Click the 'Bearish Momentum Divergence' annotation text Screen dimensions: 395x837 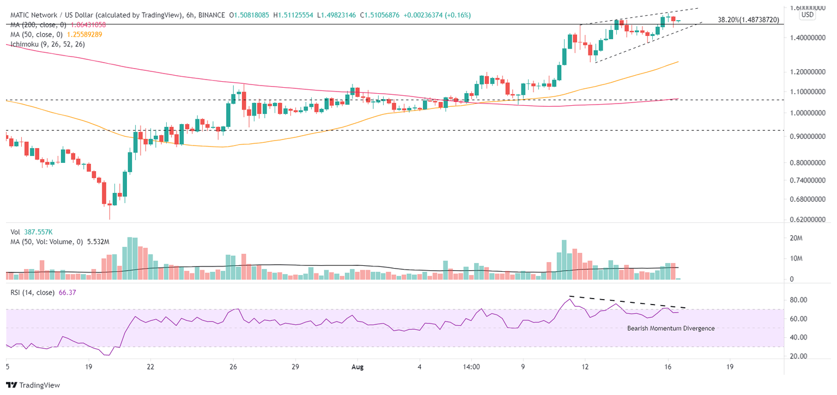670,328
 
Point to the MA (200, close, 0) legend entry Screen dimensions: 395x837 54,25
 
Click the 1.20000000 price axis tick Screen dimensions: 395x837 809,72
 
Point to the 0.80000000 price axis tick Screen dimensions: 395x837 809,162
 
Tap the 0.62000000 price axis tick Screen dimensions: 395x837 809,220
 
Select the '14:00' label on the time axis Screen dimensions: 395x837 471,367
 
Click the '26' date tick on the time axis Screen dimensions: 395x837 233,367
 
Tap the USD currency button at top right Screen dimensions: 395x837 808,15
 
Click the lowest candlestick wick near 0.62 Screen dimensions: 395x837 110,216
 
